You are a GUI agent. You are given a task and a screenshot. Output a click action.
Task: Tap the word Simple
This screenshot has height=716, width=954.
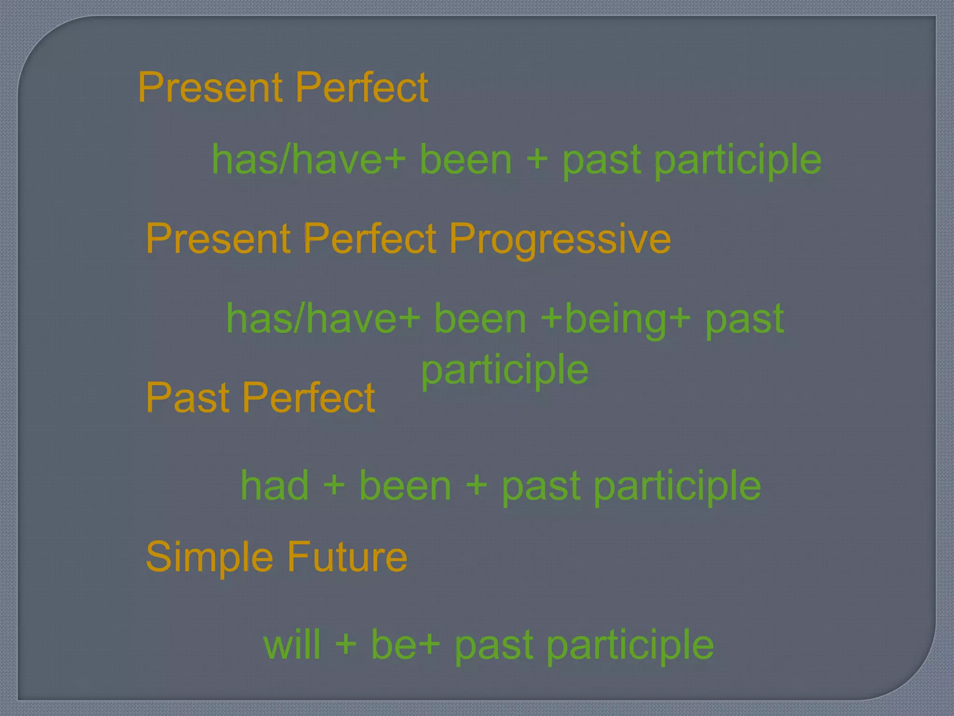pyautogui.click(x=209, y=557)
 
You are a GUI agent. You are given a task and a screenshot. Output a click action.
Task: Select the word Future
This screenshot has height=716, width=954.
pyautogui.click(x=347, y=557)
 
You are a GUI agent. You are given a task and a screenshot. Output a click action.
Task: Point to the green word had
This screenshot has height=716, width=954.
pyautogui.click(x=275, y=486)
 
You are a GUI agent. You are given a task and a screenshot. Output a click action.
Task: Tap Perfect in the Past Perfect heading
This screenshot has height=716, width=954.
pyautogui.click(x=308, y=398)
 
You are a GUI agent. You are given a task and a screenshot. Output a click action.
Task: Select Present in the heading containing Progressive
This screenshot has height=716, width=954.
pyautogui.click(x=218, y=239)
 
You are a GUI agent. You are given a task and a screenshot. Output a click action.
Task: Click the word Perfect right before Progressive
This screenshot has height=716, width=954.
pyautogui.click(x=370, y=239)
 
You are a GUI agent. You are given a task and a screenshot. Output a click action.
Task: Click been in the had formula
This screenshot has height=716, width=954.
pyautogui.click(x=405, y=486)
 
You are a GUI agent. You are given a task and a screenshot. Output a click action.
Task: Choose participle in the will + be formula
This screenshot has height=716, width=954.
pyautogui.click(x=630, y=646)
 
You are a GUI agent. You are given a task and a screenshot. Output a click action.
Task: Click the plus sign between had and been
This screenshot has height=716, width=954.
pyautogui.click(x=334, y=486)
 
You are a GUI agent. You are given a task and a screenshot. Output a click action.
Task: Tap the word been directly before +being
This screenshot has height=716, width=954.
pyautogui.click(x=480, y=319)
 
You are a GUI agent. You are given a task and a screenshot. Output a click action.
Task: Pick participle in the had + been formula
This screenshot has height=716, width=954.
pyautogui.click(x=677, y=487)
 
